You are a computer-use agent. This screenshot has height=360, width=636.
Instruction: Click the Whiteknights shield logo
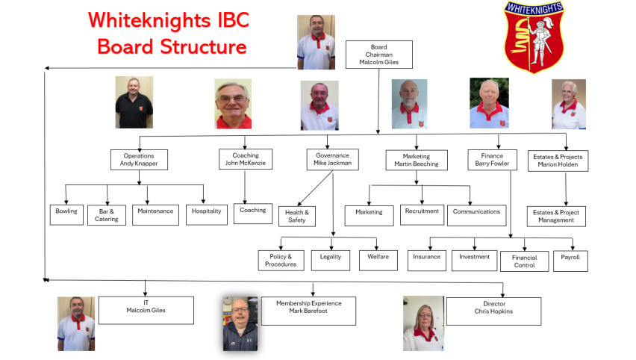[533, 37]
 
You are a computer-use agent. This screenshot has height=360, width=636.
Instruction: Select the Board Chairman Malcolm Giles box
[379, 55]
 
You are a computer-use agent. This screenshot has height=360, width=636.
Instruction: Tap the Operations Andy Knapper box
[139, 160]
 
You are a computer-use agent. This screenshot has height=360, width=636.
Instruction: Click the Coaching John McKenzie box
[246, 159]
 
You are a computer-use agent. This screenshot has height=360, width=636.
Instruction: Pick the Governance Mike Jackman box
[332, 160]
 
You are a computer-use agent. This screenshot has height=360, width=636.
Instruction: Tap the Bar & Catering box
[106, 215]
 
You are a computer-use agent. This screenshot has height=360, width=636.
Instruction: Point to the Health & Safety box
[296, 216]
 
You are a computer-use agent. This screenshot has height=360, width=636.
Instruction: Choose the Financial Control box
[524, 261]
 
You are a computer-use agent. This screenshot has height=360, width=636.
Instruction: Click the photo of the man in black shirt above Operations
[134, 102]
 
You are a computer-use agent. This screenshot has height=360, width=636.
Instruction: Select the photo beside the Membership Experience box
[240, 322]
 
